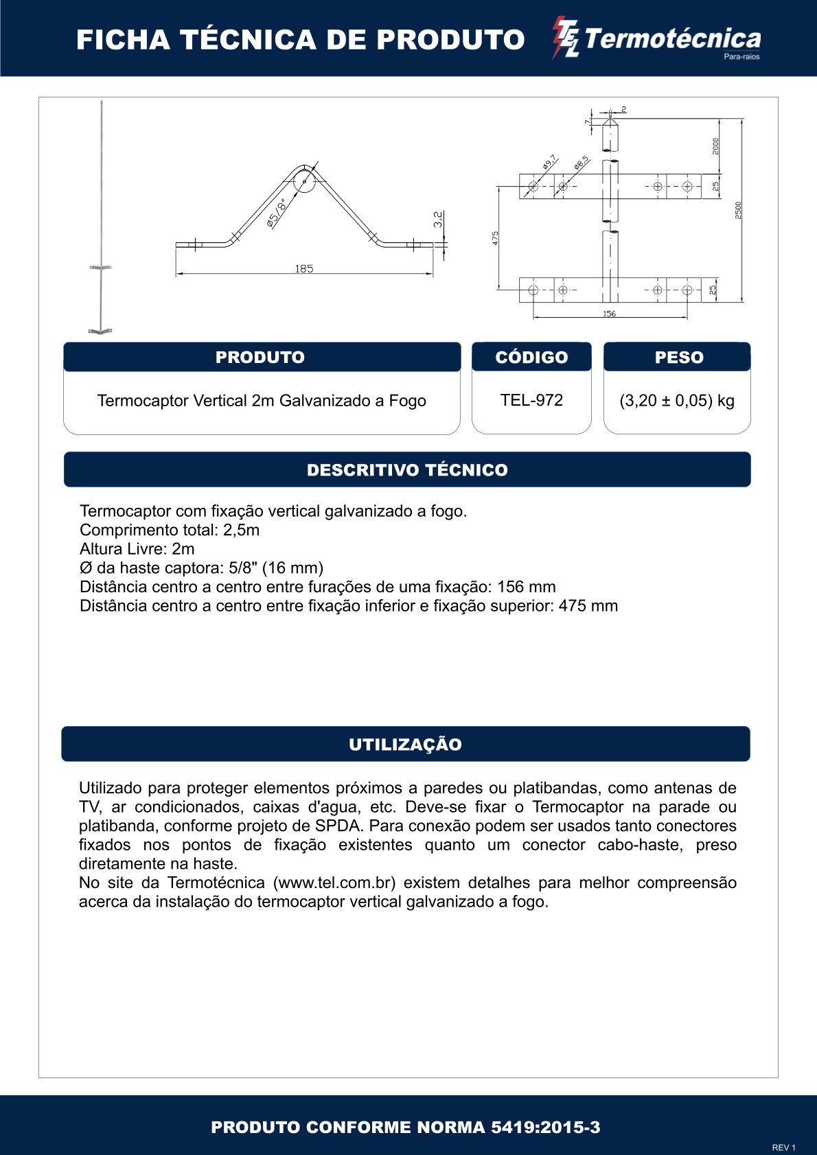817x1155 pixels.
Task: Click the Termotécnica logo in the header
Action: point(657,40)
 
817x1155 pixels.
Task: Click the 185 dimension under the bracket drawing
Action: point(304,268)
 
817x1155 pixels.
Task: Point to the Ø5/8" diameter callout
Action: point(277,212)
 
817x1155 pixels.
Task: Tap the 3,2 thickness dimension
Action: point(438,219)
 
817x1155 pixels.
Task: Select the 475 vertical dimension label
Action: point(496,237)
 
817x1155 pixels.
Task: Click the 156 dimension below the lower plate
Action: point(609,314)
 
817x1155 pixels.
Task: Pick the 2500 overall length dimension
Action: point(738,210)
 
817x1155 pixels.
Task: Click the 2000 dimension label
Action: point(715,146)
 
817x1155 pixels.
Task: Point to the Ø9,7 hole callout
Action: point(549,163)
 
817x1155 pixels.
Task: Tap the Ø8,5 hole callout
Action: point(582,163)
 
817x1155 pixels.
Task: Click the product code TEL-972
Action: point(531,400)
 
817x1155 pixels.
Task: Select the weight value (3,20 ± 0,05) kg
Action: point(677,401)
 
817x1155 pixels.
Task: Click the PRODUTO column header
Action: point(260,357)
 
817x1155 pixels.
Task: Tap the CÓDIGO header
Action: point(531,357)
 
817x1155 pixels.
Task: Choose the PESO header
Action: point(679,357)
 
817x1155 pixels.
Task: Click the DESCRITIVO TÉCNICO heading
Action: point(407,470)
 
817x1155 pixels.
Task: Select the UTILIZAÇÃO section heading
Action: point(405,745)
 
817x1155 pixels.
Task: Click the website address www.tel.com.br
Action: point(335,883)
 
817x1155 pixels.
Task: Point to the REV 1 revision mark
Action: point(783,1147)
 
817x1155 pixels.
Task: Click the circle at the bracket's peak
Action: point(303,181)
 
